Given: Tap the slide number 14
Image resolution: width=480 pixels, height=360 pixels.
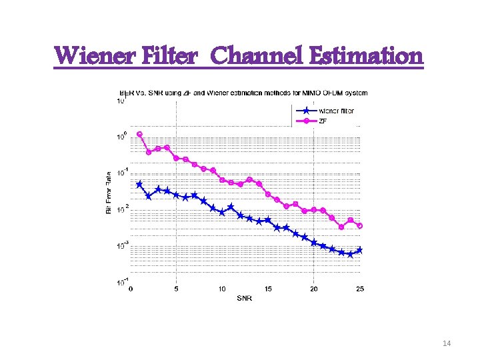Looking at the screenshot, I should coord(447,343).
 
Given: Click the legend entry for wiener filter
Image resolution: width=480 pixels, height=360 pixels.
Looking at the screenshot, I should coord(336,111).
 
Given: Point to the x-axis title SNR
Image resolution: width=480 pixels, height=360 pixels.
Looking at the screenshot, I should coord(245,297).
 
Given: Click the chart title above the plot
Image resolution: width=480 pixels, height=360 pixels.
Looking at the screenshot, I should coord(243,92).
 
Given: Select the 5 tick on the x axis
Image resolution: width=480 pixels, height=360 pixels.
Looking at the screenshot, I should coord(176,289).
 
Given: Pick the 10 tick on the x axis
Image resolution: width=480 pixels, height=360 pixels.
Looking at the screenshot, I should coord(222,289).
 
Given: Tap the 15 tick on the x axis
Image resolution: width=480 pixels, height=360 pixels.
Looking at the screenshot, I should coord(268,289).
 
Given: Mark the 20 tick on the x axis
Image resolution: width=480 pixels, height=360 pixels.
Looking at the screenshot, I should coord(314,289).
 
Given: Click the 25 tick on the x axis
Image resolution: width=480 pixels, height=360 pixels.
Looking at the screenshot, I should coord(360,289).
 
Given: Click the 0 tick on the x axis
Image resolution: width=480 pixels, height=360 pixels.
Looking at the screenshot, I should coord(131,289).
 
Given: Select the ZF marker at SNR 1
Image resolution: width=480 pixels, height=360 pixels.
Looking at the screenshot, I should coord(139,134).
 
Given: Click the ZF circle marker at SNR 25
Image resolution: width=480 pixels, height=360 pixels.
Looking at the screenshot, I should coord(360,226).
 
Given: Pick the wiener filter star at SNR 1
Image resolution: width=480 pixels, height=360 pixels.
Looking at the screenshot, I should coord(139,184).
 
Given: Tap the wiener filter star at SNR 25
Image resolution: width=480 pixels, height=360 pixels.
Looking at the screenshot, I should coord(360,250).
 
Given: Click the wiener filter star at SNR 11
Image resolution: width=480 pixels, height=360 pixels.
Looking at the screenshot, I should coord(231,207).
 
